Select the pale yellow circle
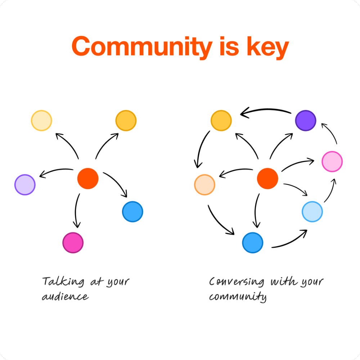click(41, 120)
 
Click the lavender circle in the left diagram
click(25, 185)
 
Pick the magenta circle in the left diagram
click(73, 243)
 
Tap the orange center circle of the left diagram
click(88, 179)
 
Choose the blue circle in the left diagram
click(132, 212)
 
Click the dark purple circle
click(305, 120)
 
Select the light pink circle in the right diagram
click(332, 162)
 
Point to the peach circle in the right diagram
click(204, 185)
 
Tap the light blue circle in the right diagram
click(312, 212)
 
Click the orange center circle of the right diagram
click(267, 179)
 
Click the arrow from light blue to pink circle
click(330, 191)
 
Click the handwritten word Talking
click(63, 281)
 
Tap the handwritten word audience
click(65, 297)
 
